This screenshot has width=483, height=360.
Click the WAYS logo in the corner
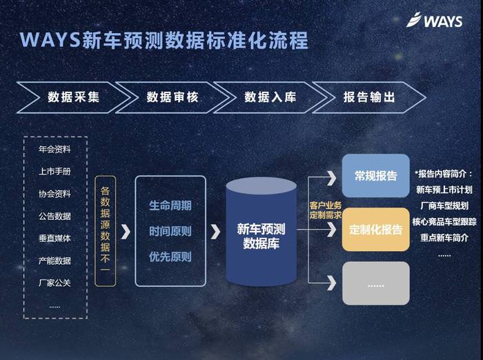click(434, 20)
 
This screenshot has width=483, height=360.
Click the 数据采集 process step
click(74, 97)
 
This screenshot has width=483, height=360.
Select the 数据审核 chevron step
click(172, 97)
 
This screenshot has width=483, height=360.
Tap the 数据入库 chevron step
click(270, 97)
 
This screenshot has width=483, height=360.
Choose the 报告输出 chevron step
click(369, 97)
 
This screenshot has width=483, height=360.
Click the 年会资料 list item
click(55, 150)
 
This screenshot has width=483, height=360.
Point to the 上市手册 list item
click(55, 171)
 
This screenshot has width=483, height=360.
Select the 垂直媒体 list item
click(55, 238)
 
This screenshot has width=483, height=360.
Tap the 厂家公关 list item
click(55, 283)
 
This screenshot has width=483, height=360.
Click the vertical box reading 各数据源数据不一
click(106, 231)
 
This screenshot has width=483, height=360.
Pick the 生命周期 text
click(170, 206)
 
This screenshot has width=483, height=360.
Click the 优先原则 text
click(170, 257)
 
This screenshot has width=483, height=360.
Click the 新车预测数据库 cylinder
click(262, 232)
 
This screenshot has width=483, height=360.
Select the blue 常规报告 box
click(376, 176)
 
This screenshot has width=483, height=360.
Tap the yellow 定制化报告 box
click(376, 230)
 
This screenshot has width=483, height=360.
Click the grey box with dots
click(376, 283)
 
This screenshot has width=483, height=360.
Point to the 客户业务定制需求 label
click(326, 210)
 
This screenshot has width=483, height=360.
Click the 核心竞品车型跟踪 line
click(444, 222)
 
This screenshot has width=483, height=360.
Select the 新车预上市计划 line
click(444, 190)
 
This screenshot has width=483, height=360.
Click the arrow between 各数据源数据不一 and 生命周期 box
click(126, 232)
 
